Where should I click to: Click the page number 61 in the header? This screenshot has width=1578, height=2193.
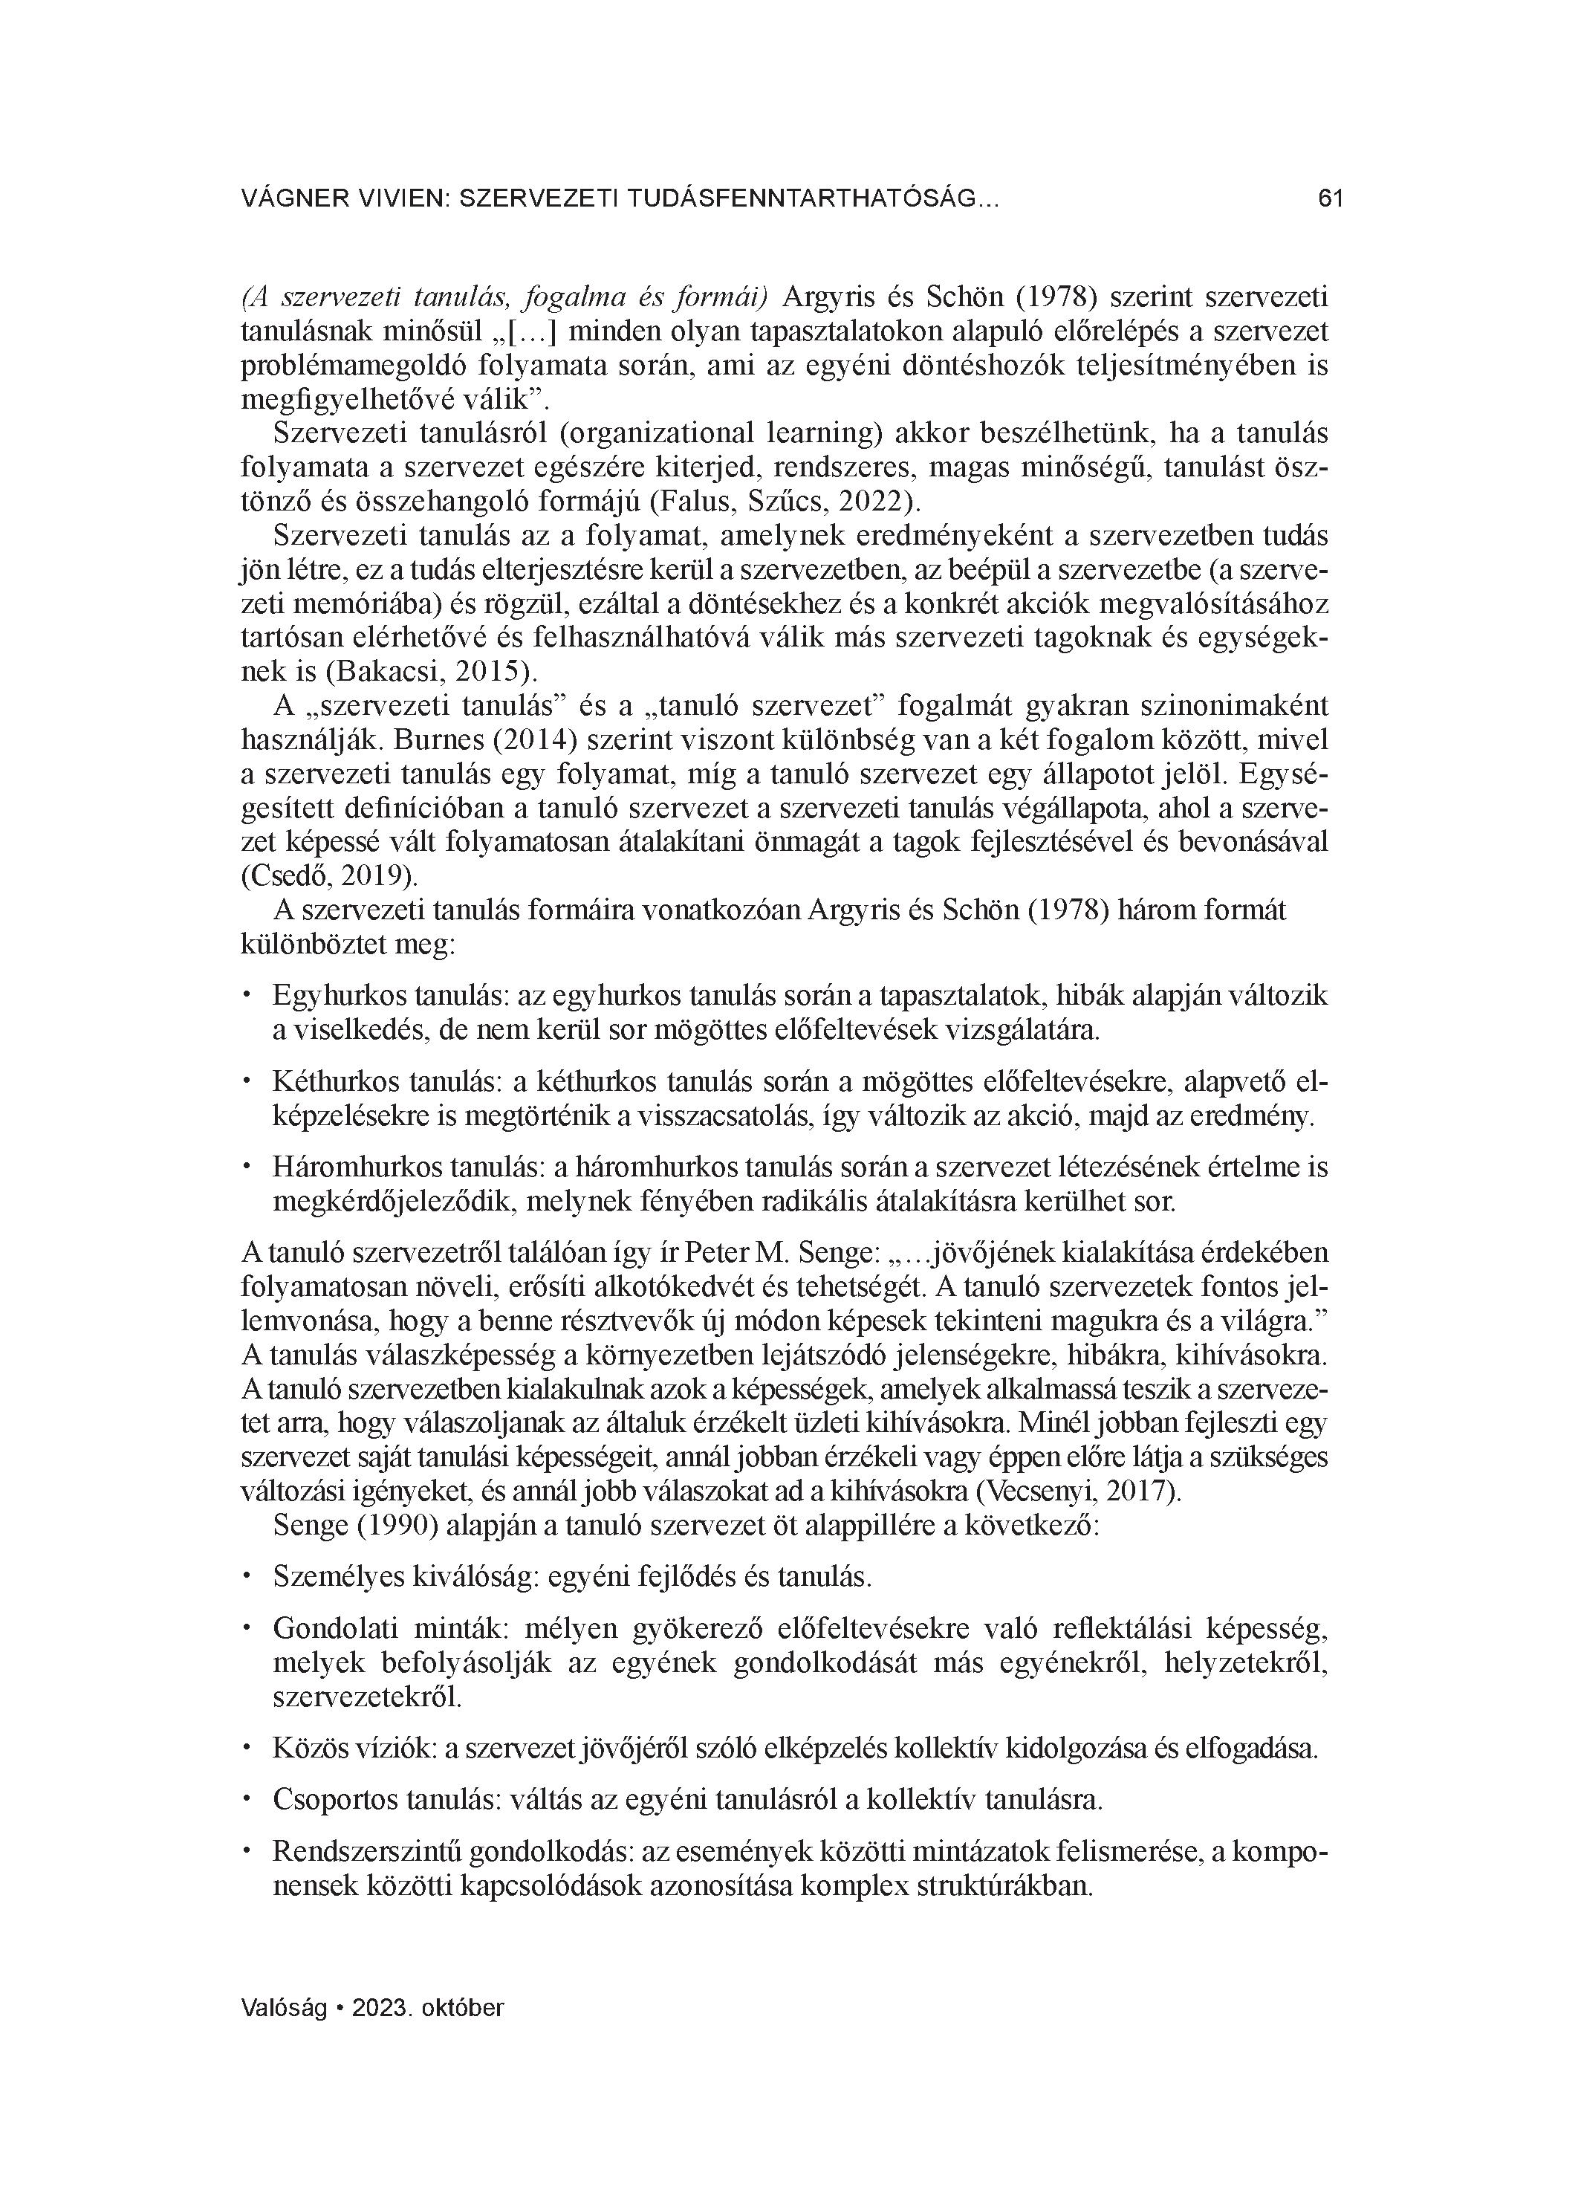coord(1331,199)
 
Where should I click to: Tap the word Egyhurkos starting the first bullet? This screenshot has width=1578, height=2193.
coord(340,996)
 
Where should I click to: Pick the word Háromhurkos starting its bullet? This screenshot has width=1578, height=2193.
coord(350,1167)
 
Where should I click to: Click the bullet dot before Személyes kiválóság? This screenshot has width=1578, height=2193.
coord(247,1576)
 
